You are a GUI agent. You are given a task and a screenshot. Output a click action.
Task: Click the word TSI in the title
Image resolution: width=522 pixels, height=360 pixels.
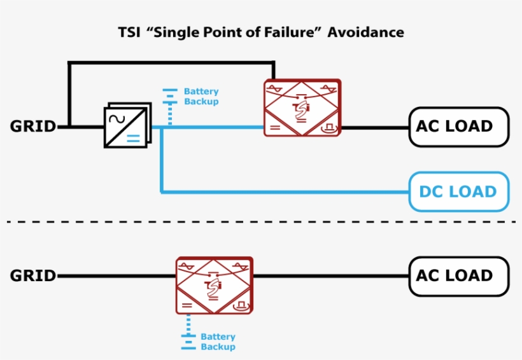click(x=130, y=32)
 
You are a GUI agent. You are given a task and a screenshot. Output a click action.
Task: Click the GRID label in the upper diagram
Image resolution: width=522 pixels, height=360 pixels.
click(x=33, y=127)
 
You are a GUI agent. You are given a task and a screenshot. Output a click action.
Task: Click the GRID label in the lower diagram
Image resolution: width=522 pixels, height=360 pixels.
click(x=33, y=276)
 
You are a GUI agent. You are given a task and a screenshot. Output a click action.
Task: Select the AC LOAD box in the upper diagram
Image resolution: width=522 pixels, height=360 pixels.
click(x=458, y=127)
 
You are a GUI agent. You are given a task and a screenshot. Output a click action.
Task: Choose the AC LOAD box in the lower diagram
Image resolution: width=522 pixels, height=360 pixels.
click(x=458, y=276)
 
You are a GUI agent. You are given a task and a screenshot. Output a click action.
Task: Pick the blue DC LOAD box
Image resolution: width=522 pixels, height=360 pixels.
click(x=458, y=191)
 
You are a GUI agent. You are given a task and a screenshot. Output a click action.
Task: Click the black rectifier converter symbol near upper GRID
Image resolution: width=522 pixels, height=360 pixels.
click(x=127, y=126)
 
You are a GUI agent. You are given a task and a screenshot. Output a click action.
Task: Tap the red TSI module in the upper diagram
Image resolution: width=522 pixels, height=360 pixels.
click(x=302, y=107)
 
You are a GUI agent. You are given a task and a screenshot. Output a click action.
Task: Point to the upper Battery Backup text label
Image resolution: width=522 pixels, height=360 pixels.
click(x=201, y=97)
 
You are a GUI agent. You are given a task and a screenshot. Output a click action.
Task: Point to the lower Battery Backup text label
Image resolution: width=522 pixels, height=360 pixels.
click(x=218, y=342)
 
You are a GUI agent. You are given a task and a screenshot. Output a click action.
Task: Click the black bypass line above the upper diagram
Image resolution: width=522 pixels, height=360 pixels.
click(x=172, y=62)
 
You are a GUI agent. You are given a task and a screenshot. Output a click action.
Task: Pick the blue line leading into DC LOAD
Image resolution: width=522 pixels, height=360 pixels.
click(x=286, y=191)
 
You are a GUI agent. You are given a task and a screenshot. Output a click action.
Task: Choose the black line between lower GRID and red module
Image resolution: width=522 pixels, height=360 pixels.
click(x=115, y=277)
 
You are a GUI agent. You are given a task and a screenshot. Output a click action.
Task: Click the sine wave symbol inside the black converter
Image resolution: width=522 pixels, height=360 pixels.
click(x=117, y=118)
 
